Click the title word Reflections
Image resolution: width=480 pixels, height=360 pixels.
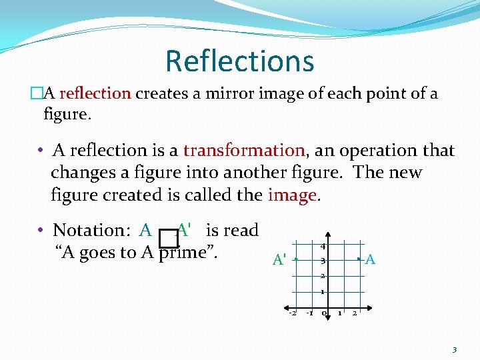tap(239, 61)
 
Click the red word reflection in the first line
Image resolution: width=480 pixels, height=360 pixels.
tap(95, 93)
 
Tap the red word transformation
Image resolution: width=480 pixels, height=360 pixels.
tap(243, 150)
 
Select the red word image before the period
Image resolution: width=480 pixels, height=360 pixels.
tap(291, 195)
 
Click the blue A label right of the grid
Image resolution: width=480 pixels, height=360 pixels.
tap(371, 259)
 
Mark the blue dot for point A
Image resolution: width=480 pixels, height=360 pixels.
tap(359, 258)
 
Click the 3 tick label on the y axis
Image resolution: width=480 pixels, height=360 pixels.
tap(322, 261)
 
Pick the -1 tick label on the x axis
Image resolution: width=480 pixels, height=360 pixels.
tap(309, 313)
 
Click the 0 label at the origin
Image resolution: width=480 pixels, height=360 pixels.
tap(324, 313)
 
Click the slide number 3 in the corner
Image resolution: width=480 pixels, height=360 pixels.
tap(455, 350)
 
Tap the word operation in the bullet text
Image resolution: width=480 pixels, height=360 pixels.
tap(369, 150)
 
